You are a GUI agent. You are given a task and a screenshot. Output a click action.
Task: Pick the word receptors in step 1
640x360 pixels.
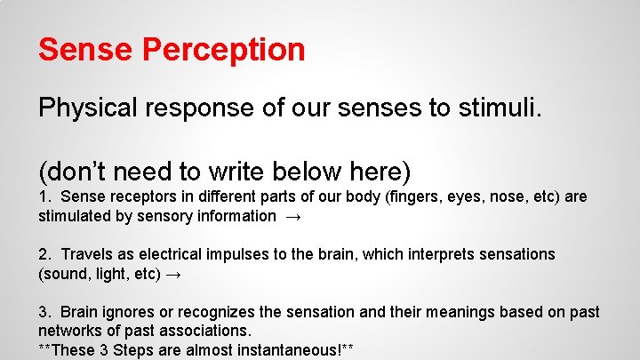coord(140,196)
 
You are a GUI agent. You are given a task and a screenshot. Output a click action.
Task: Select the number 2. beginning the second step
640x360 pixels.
coord(44,254)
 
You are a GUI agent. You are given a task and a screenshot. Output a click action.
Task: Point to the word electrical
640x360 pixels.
coord(180,254)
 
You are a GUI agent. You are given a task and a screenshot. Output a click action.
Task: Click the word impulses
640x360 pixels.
coord(248,254)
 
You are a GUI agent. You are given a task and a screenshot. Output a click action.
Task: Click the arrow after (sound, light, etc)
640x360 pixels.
coord(174,275)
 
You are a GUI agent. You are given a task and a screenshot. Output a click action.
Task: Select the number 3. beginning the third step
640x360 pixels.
coord(44,312)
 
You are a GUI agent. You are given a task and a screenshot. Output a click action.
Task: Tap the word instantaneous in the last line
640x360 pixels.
coord(280,349)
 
